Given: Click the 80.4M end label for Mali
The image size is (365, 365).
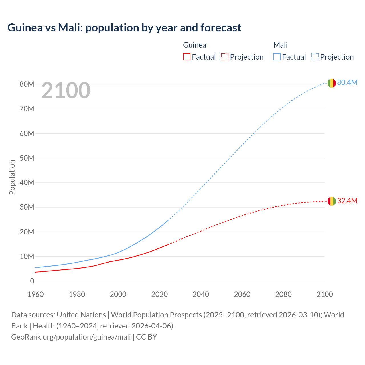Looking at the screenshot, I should point(347,82).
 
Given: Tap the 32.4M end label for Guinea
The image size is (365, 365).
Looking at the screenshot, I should point(347,201).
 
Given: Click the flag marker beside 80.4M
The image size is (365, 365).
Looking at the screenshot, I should point(332,83).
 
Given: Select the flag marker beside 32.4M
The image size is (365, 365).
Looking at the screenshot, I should point(332,201).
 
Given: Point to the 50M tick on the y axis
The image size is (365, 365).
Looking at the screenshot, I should point(27,158).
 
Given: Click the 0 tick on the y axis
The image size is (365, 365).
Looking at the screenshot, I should point(32,281).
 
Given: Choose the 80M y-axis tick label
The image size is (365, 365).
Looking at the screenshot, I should point(27,84).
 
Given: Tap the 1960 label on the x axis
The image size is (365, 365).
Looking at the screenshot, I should point(36,294).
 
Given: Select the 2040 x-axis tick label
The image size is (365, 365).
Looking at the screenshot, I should point(201,294).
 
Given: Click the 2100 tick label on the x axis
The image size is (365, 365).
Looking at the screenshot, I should point(325,294).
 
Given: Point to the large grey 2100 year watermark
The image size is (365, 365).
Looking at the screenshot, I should point(66,90).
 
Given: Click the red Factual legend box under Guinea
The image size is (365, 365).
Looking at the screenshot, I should point(186,57).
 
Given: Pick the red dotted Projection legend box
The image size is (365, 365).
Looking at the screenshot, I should point(225,57).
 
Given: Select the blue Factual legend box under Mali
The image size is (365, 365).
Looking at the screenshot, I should point(277,57).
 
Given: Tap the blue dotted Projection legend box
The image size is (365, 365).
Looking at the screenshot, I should point(315,57).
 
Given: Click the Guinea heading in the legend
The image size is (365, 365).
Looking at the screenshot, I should point(194,45).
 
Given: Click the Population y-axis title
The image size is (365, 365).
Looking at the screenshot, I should point(12,177).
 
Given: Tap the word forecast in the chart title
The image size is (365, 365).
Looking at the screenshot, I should point(221,28).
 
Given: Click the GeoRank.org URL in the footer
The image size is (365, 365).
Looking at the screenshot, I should point(71,337).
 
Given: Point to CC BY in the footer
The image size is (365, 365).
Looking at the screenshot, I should point(147,337).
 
